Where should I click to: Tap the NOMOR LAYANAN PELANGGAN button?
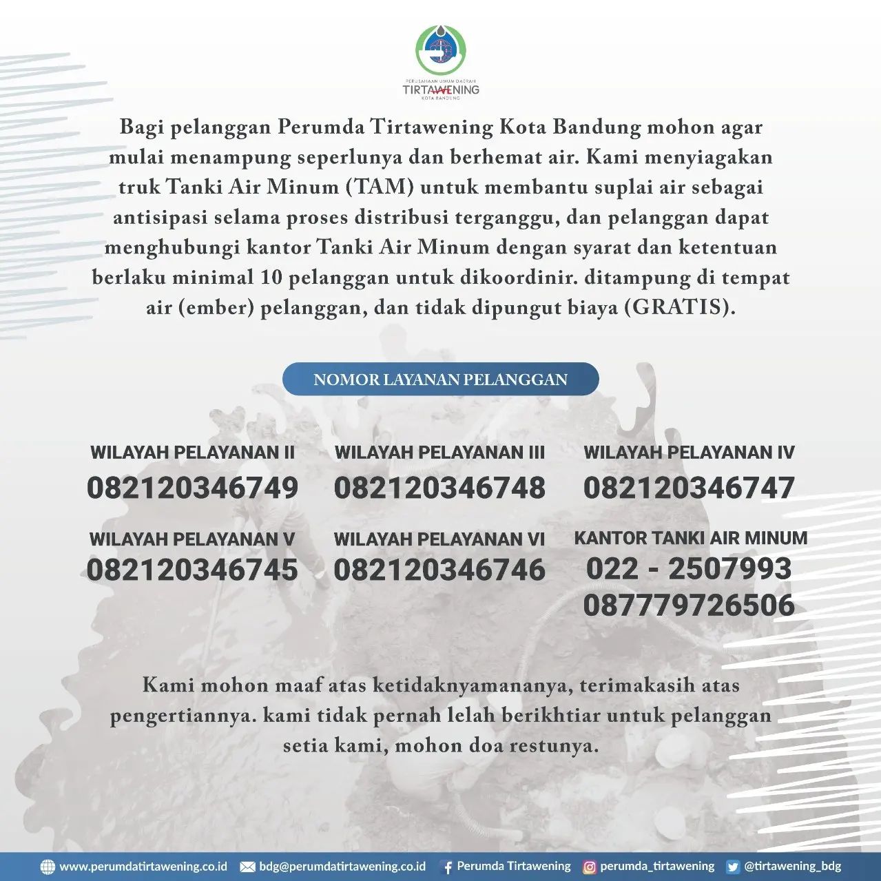[x=440, y=380]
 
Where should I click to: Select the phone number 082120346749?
[x=192, y=488]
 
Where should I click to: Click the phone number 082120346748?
[x=439, y=488]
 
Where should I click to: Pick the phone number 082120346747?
[x=689, y=488]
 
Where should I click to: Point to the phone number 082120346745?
[x=192, y=570]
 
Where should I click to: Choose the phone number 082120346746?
[x=439, y=570]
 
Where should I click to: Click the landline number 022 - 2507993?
[x=689, y=569]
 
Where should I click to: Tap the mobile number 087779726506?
[x=689, y=605]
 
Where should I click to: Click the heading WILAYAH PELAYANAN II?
[x=192, y=453]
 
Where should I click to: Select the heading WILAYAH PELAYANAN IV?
[x=689, y=453]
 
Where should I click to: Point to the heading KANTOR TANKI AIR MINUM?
[x=690, y=538]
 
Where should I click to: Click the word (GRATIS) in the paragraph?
[x=679, y=307]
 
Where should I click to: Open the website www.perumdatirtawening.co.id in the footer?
[x=143, y=867]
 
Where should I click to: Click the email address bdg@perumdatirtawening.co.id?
[x=342, y=867]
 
